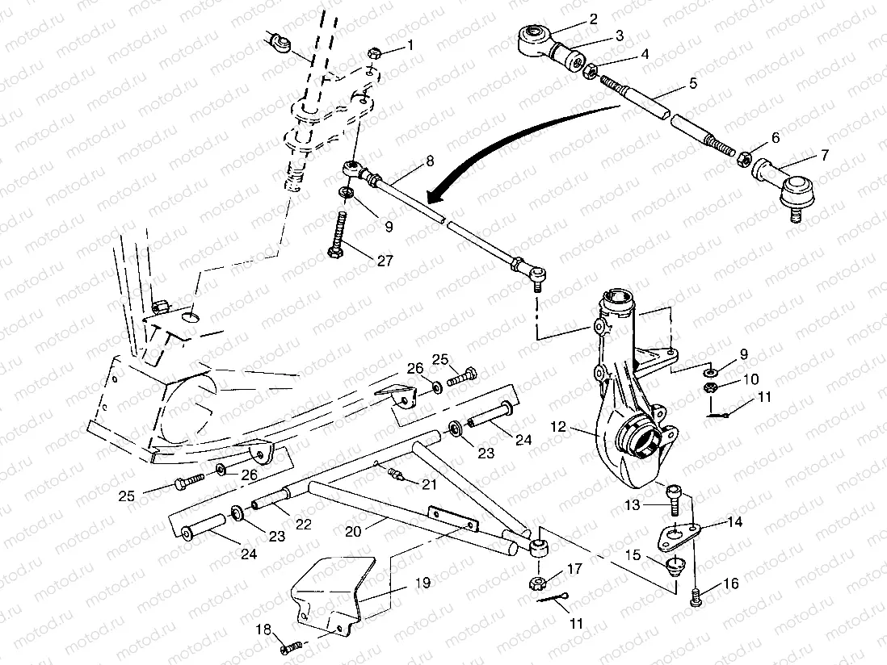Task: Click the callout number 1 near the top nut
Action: tap(410, 45)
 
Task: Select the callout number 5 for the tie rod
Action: tap(692, 82)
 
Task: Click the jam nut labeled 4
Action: tap(591, 73)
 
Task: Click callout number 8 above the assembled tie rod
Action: tap(430, 161)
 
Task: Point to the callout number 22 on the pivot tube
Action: tap(303, 524)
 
